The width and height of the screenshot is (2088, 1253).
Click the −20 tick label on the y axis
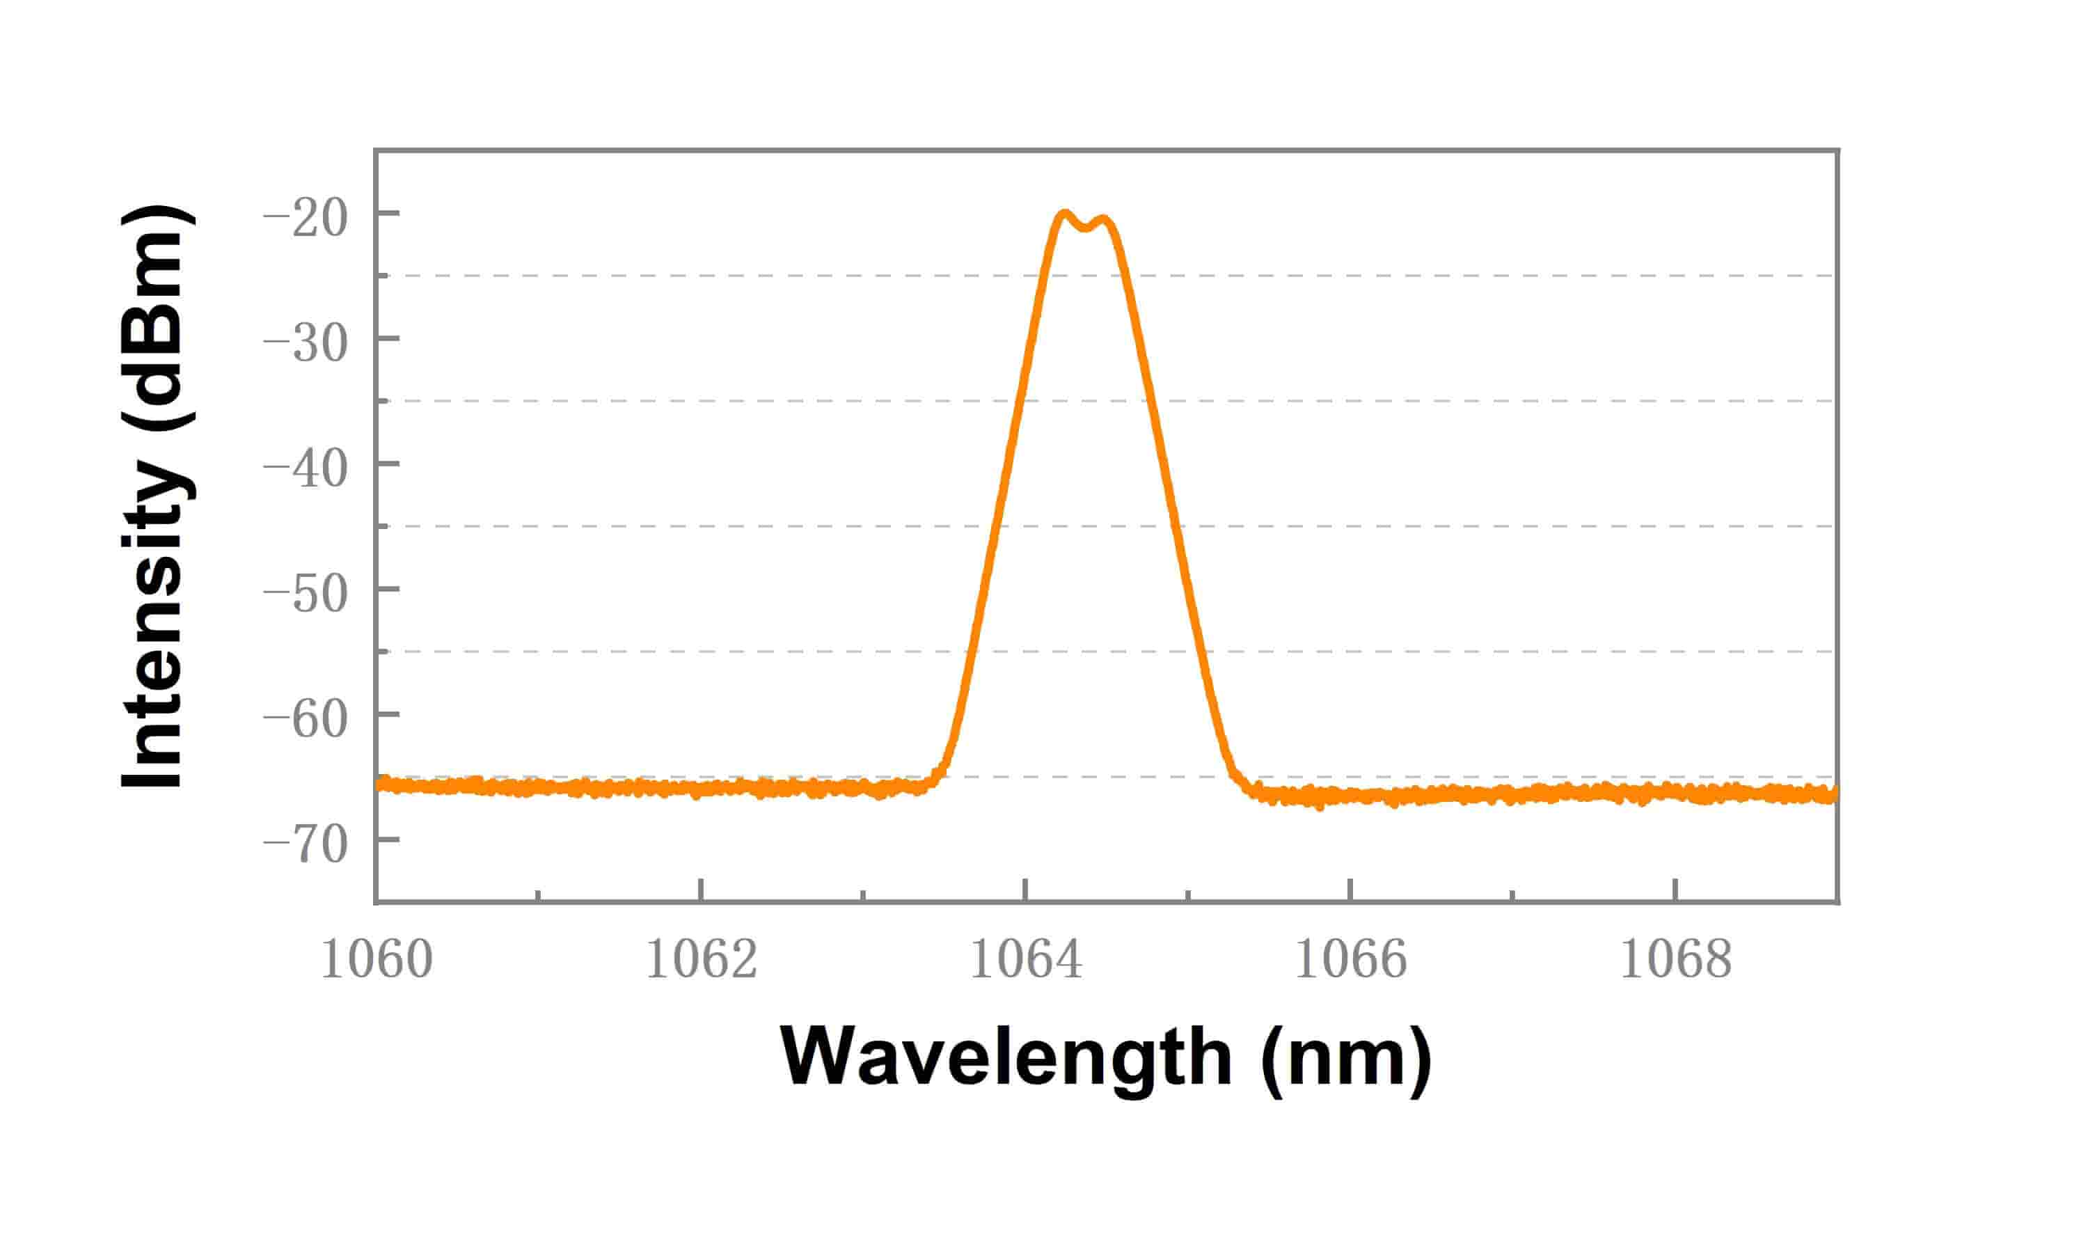(x=306, y=218)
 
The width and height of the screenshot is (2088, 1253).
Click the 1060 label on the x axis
(x=377, y=959)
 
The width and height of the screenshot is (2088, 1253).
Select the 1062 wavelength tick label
(x=702, y=959)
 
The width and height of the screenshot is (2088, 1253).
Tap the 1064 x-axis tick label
(x=1025, y=959)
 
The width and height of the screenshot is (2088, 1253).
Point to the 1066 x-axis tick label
(x=1350, y=959)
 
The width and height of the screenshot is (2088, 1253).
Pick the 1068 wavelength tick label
(x=1675, y=959)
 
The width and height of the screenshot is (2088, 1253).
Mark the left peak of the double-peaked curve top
(x=1064, y=214)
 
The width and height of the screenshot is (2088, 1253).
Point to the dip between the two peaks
(x=1085, y=228)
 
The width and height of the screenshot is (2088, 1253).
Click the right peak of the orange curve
(x=1104, y=221)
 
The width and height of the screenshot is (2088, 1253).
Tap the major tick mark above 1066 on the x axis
(x=1350, y=890)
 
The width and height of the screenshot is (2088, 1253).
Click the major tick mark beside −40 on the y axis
(x=388, y=463)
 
